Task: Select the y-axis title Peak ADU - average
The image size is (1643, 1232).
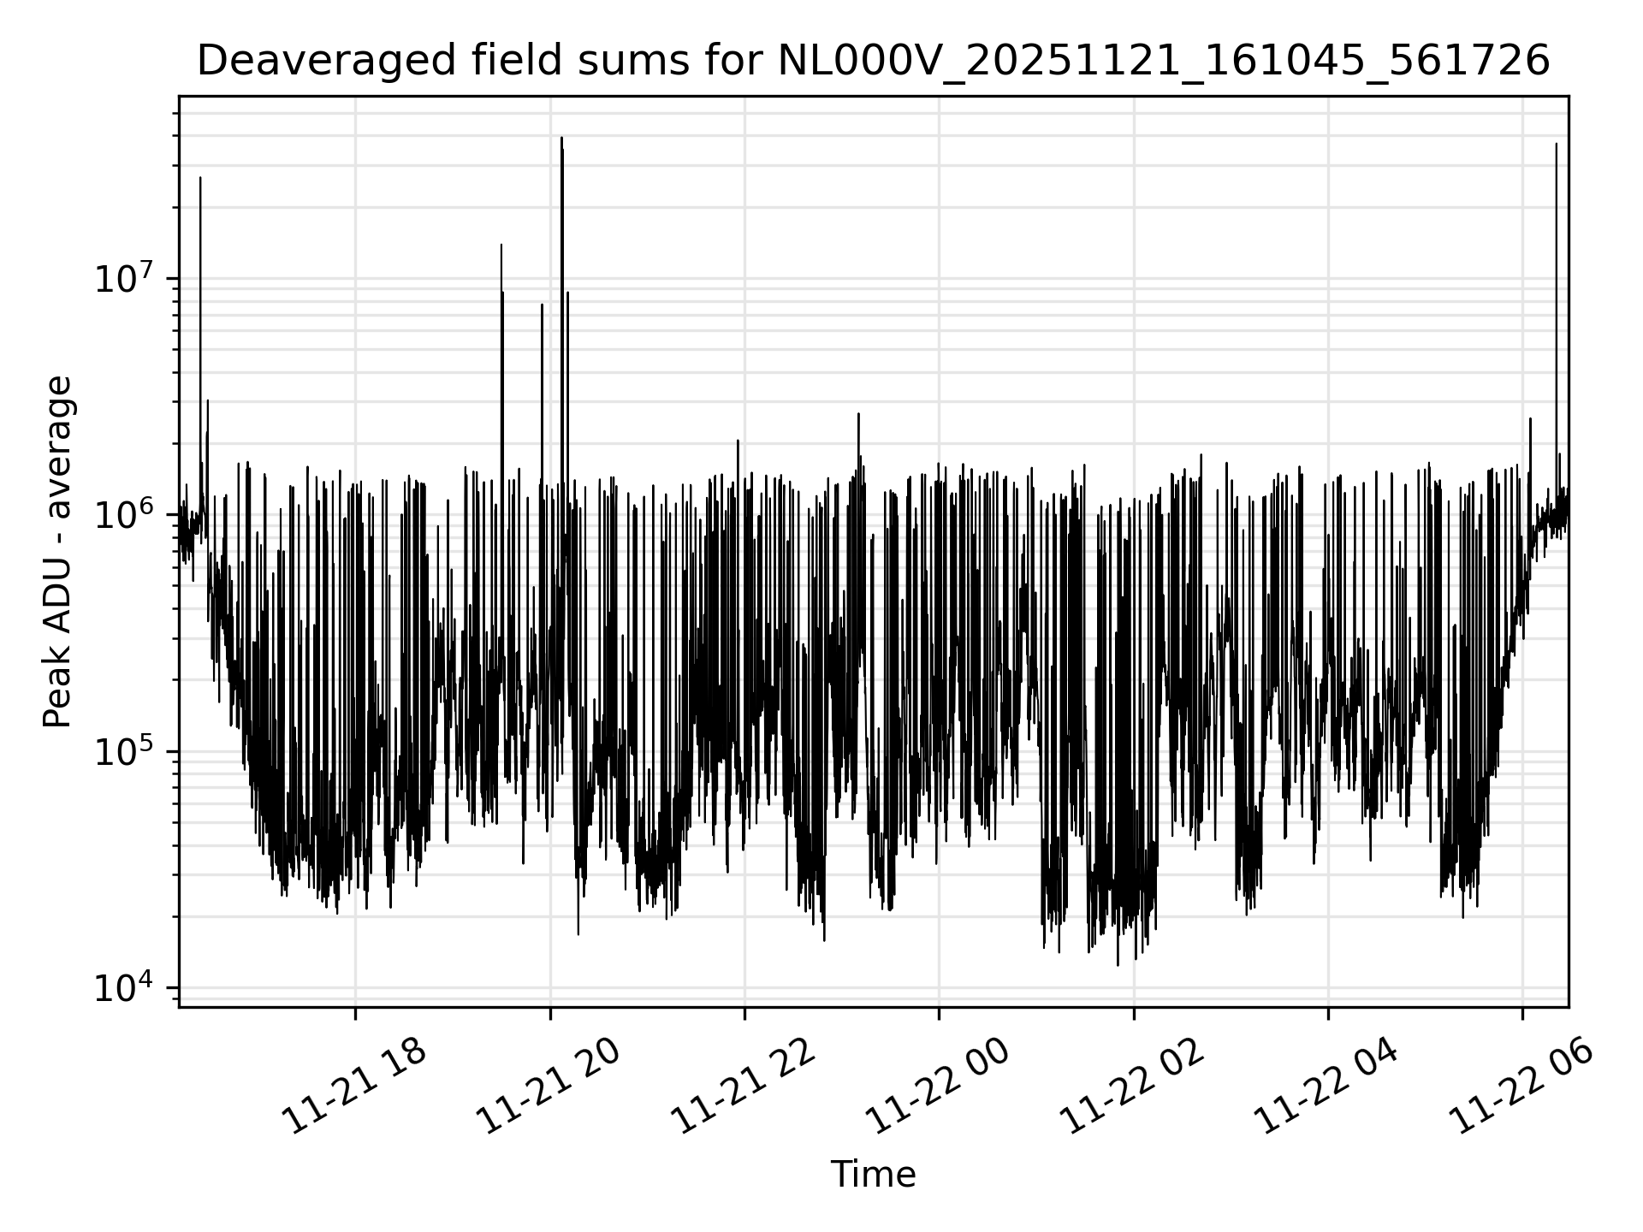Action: [58, 552]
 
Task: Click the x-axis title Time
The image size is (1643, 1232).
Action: [873, 1175]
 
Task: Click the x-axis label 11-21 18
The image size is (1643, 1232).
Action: [354, 1087]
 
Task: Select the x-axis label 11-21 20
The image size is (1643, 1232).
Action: [549, 1087]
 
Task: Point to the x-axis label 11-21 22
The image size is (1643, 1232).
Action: [743, 1087]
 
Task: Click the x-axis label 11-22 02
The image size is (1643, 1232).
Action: [1132, 1087]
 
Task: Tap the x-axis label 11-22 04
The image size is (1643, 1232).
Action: [1326, 1087]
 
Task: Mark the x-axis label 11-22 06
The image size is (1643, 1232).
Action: [1521, 1087]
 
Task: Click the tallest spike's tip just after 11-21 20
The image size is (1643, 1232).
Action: [561, 138]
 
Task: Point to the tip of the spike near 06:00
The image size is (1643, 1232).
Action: [1556, 144]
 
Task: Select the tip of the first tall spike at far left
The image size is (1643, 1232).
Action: [200, 178]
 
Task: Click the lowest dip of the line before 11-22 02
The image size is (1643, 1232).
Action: [1118, 965]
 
